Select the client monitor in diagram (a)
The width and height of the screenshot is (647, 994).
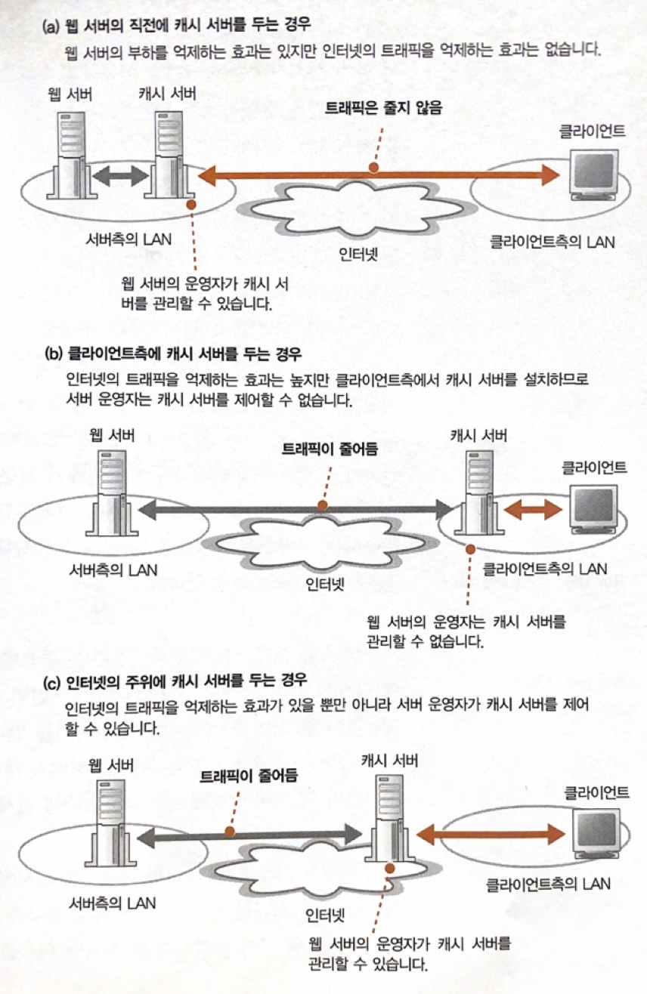point(595,172)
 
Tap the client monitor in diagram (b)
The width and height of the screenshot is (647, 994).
point(596,508)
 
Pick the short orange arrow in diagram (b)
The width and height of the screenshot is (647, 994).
point(534,510)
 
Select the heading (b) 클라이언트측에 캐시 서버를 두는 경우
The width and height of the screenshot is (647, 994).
point(185,353)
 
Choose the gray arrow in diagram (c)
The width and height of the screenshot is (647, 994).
point(249,835)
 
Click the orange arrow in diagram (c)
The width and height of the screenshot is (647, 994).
point(492,834)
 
